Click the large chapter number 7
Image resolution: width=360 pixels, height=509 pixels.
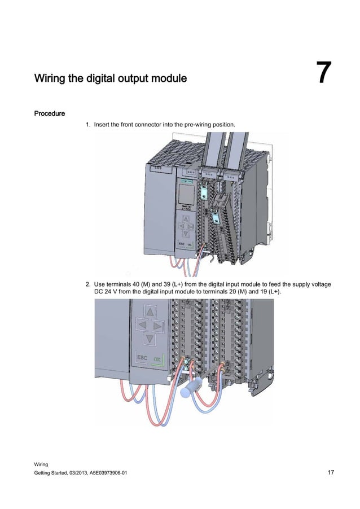(323, 74)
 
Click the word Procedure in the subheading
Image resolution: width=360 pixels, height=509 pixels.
(50, 113)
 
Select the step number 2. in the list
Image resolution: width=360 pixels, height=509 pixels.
(88, 283)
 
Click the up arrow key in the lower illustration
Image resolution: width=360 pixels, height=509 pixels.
(149, 312)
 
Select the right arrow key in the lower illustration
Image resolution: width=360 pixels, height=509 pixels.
(159, 326)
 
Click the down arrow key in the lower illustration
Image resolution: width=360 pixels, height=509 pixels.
(149, 339)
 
